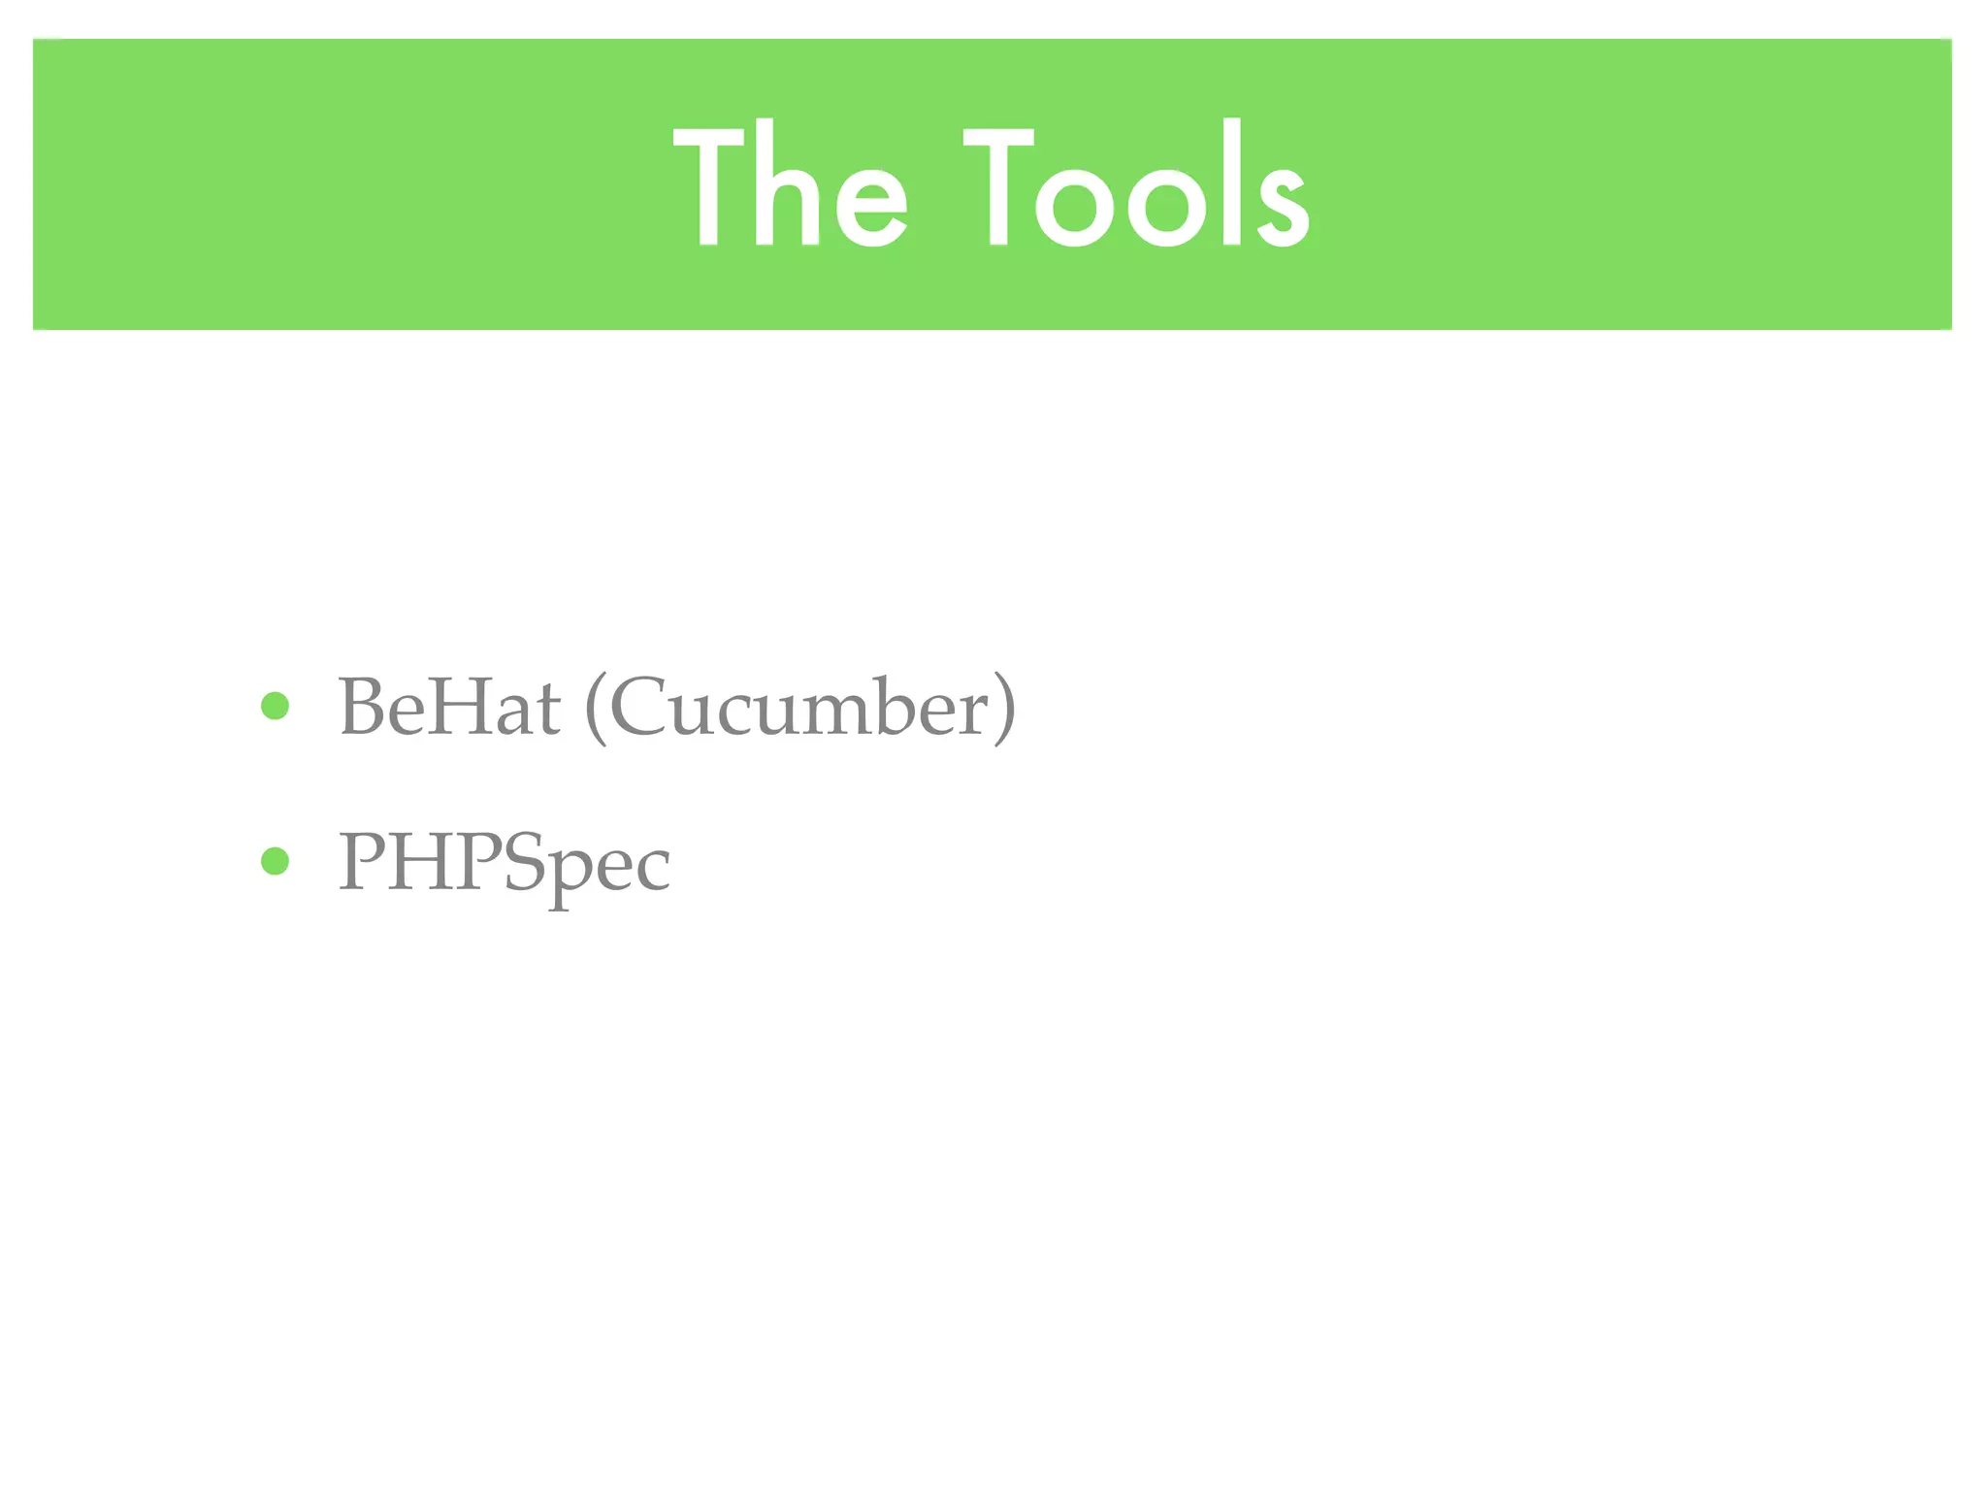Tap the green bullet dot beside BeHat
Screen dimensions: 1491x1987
click(x=276, y=706)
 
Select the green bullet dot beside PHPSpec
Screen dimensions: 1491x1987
click(x=276, y=861)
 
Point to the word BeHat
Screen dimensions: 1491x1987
click(x=449, y=707)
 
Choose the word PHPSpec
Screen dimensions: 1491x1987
click(x=504, y=862)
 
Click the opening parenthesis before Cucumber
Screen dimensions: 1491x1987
click(x=596, y=709)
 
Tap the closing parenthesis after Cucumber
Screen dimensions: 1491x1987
click(x=1004, y=709)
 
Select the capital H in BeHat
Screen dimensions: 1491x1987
click(x=451, y=707)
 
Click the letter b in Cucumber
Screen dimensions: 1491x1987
click(x=892, y=705)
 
